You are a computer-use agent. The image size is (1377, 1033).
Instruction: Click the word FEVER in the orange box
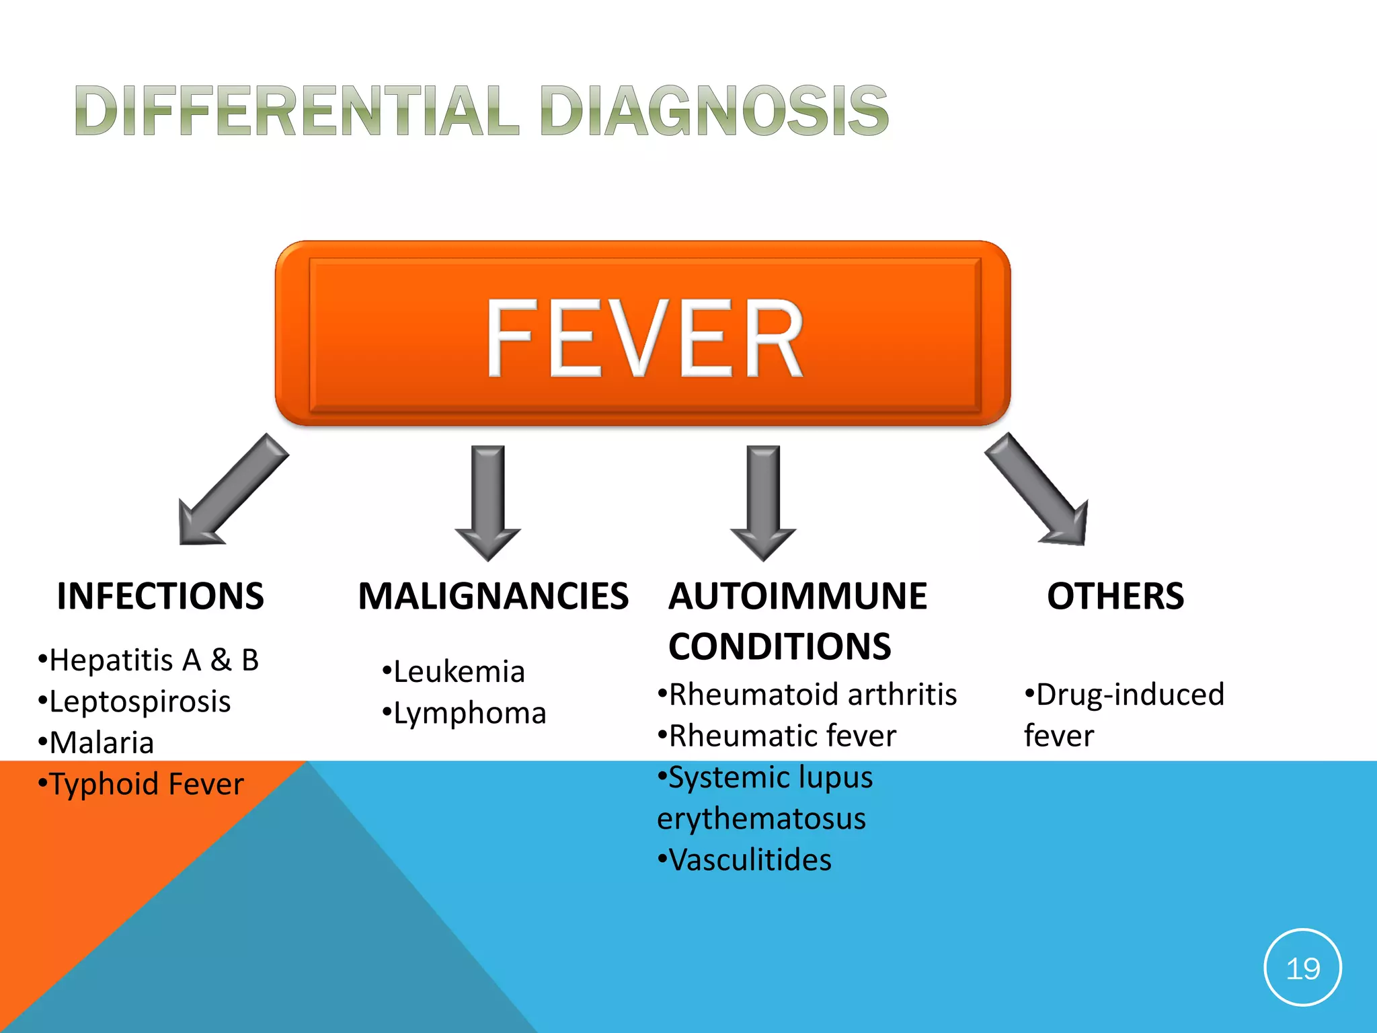pos(644,338)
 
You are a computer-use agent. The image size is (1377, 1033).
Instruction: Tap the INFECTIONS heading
pos(161,596)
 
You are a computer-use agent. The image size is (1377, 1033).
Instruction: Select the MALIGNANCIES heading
pos(493,596)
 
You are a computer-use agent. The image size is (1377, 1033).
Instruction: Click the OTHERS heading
pos(1115,596)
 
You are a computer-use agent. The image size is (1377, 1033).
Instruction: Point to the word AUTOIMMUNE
pos(797,596)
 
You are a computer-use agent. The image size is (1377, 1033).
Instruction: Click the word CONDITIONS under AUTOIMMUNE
pos(779,646)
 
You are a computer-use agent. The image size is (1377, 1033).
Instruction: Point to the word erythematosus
pos(761,819)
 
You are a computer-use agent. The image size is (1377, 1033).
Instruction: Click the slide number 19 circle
pos(1302,968)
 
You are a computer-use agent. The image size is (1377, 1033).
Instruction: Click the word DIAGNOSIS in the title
pos(713,111)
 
